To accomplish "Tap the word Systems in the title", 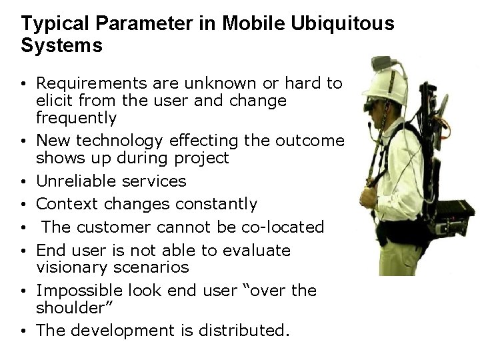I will click(x=62, y=46).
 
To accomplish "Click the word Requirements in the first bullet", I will click(x=89, y=83).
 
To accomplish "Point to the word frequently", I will click(x=76, y=118).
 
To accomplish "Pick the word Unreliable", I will click(x=76, y=181).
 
